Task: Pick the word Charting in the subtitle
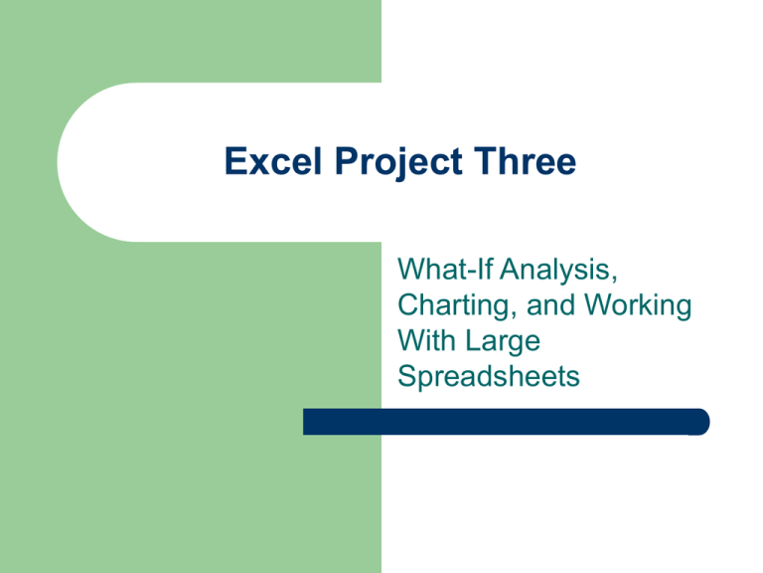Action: [445, 305]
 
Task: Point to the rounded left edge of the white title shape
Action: [62, 163]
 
